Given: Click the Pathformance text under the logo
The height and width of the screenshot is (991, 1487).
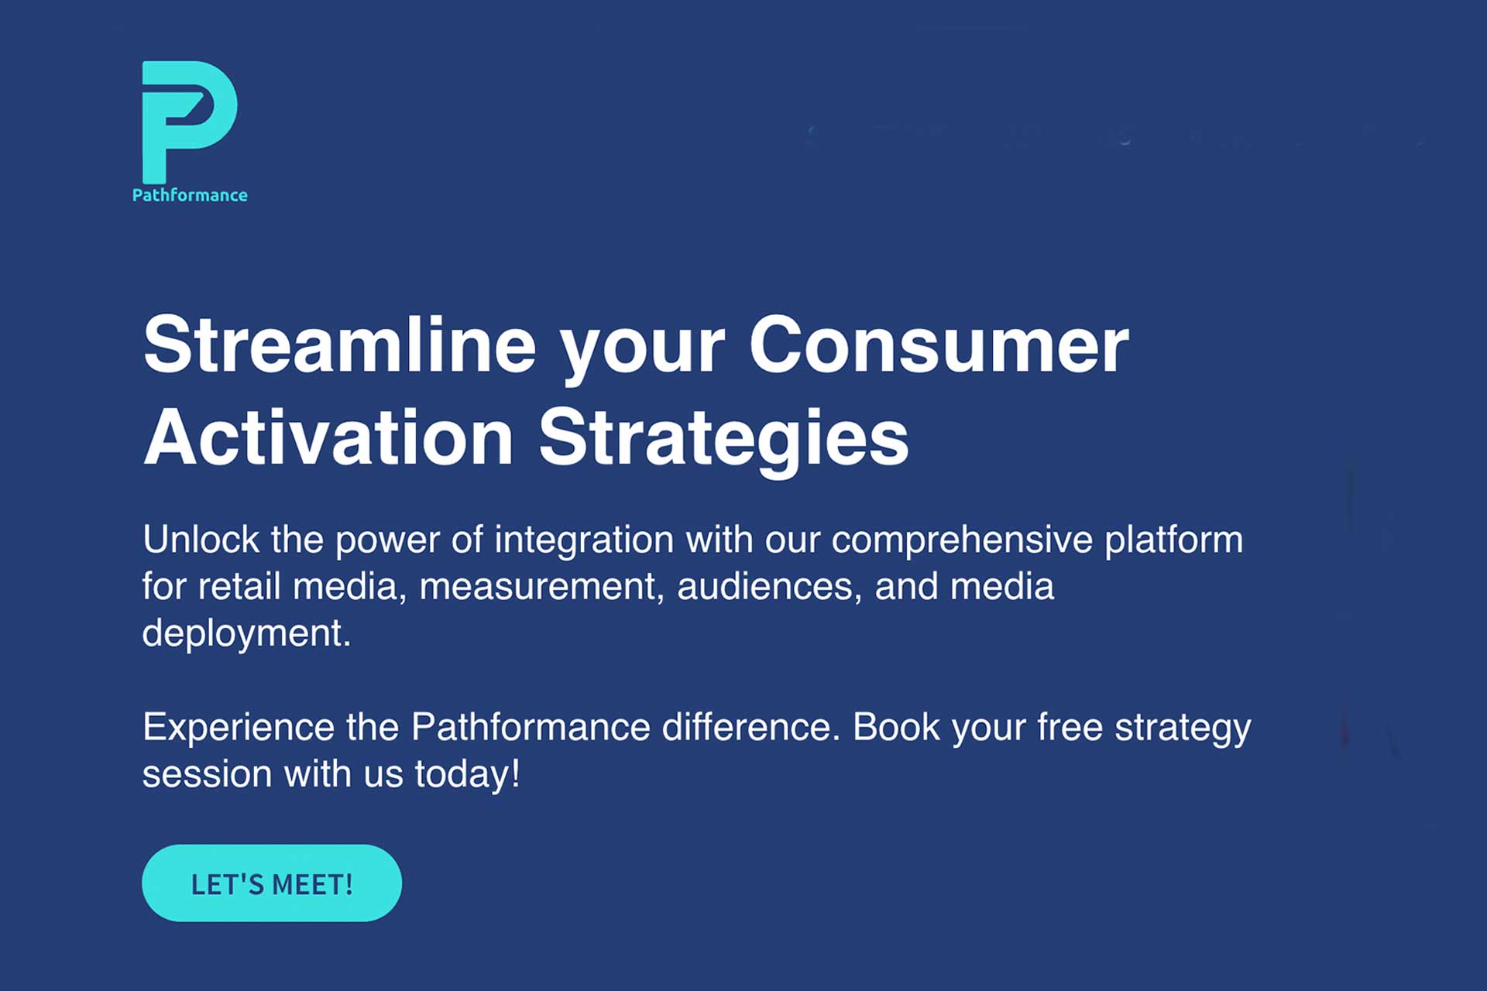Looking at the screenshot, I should click(x=190, y=195).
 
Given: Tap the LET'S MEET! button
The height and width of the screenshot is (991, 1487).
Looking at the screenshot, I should click(x=272, y=883).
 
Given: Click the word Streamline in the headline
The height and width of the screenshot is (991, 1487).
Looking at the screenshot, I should click(x=339, y=345).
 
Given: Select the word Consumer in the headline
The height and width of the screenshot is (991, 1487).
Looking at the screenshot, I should click(x=939, y=345).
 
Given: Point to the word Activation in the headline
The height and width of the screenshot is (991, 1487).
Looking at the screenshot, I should click(x=328, y=438).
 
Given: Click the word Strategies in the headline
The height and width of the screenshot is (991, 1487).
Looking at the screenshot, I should click(x=723, y=438).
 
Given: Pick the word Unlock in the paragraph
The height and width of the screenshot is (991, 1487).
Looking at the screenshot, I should click(x=201, y=540).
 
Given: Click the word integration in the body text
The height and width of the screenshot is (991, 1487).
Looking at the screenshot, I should click(x=584, y=540).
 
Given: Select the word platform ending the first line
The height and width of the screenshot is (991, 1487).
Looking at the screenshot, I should click(x=1173, y=540).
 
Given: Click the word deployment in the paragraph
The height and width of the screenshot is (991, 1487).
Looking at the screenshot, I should click(x=246, y=633).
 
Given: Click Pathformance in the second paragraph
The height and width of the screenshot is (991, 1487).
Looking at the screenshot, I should click(x=530, y=728).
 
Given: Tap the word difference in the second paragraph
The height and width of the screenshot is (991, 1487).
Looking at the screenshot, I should click(x=750, y=728).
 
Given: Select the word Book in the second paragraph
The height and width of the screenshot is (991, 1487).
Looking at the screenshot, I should click(x=896, y=728).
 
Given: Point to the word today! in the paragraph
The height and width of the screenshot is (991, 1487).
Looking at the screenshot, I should click(x=467, y=774).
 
